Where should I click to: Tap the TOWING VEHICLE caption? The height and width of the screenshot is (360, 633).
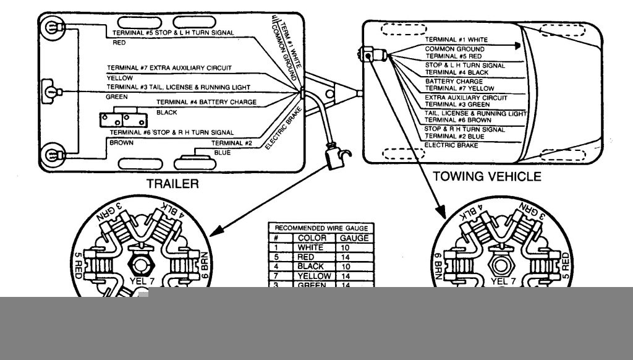coord(486,177)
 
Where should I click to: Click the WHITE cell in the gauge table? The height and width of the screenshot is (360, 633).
coord(315,247)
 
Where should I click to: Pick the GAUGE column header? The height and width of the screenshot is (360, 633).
coord(354,238)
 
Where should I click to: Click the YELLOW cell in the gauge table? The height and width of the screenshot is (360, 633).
coord(315,276)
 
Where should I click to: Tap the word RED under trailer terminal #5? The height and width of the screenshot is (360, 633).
coord(119,44)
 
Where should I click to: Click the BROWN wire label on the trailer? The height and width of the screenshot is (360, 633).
coord(121,143)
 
